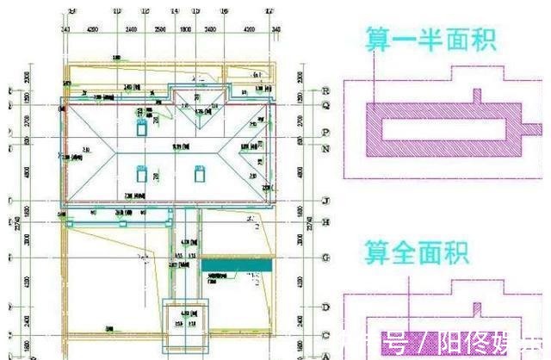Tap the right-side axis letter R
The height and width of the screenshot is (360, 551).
pos(325,90)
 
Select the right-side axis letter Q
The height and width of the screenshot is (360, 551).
pos(325,105)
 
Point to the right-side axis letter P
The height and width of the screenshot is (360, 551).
pos(325,133)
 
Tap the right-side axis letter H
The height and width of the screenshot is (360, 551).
pos(325,222)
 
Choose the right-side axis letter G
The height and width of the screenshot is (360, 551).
pos(325,257)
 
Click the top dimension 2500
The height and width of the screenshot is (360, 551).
pos(159,28)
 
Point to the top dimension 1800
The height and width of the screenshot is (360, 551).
pos(184,28)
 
